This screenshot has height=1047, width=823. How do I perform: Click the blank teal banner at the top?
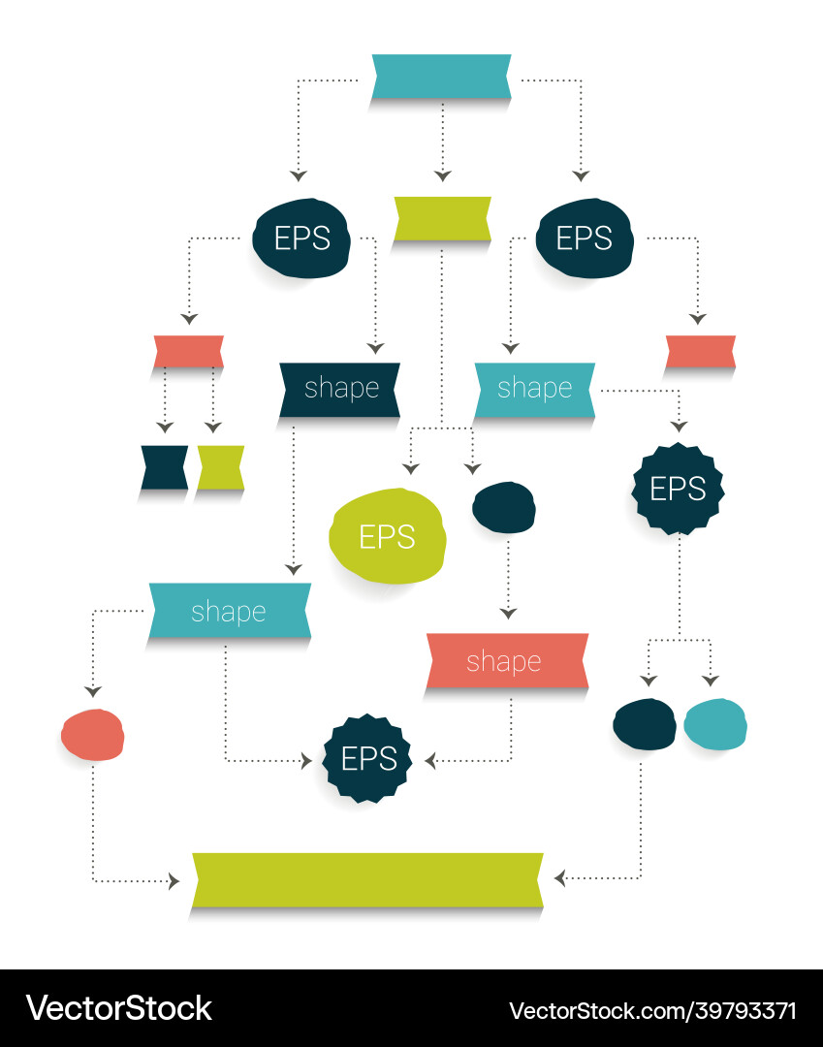tap(441, 77)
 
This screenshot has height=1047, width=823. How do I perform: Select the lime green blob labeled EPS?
tap(388, 536)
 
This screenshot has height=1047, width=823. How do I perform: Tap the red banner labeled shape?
tap(506, 661)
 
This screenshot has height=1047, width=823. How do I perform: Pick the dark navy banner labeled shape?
tap(340, 389)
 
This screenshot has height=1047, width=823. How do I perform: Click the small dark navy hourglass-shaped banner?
tap(164, 467)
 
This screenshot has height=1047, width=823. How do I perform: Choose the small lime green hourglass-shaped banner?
tap(221, 467)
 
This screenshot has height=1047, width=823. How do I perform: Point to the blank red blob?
tap(92, 734)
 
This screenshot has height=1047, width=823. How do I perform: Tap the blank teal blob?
tap(715, 724)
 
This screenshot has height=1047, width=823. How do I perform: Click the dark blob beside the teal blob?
tap(645, 724)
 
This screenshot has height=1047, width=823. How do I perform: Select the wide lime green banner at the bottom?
tap(367, 879)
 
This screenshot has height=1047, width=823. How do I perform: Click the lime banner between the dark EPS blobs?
tap(442, 218)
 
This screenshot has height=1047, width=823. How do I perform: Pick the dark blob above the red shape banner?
tap(504, 507)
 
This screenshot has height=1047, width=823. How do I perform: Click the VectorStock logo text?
tap(118, 1008)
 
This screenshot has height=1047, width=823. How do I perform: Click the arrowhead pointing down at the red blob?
tap(93, 690)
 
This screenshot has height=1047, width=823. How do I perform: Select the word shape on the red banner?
tap(503, 661)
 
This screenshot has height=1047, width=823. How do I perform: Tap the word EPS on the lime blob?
tap(387, 536)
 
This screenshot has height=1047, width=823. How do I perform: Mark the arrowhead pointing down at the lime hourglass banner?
tap(214, 427)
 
